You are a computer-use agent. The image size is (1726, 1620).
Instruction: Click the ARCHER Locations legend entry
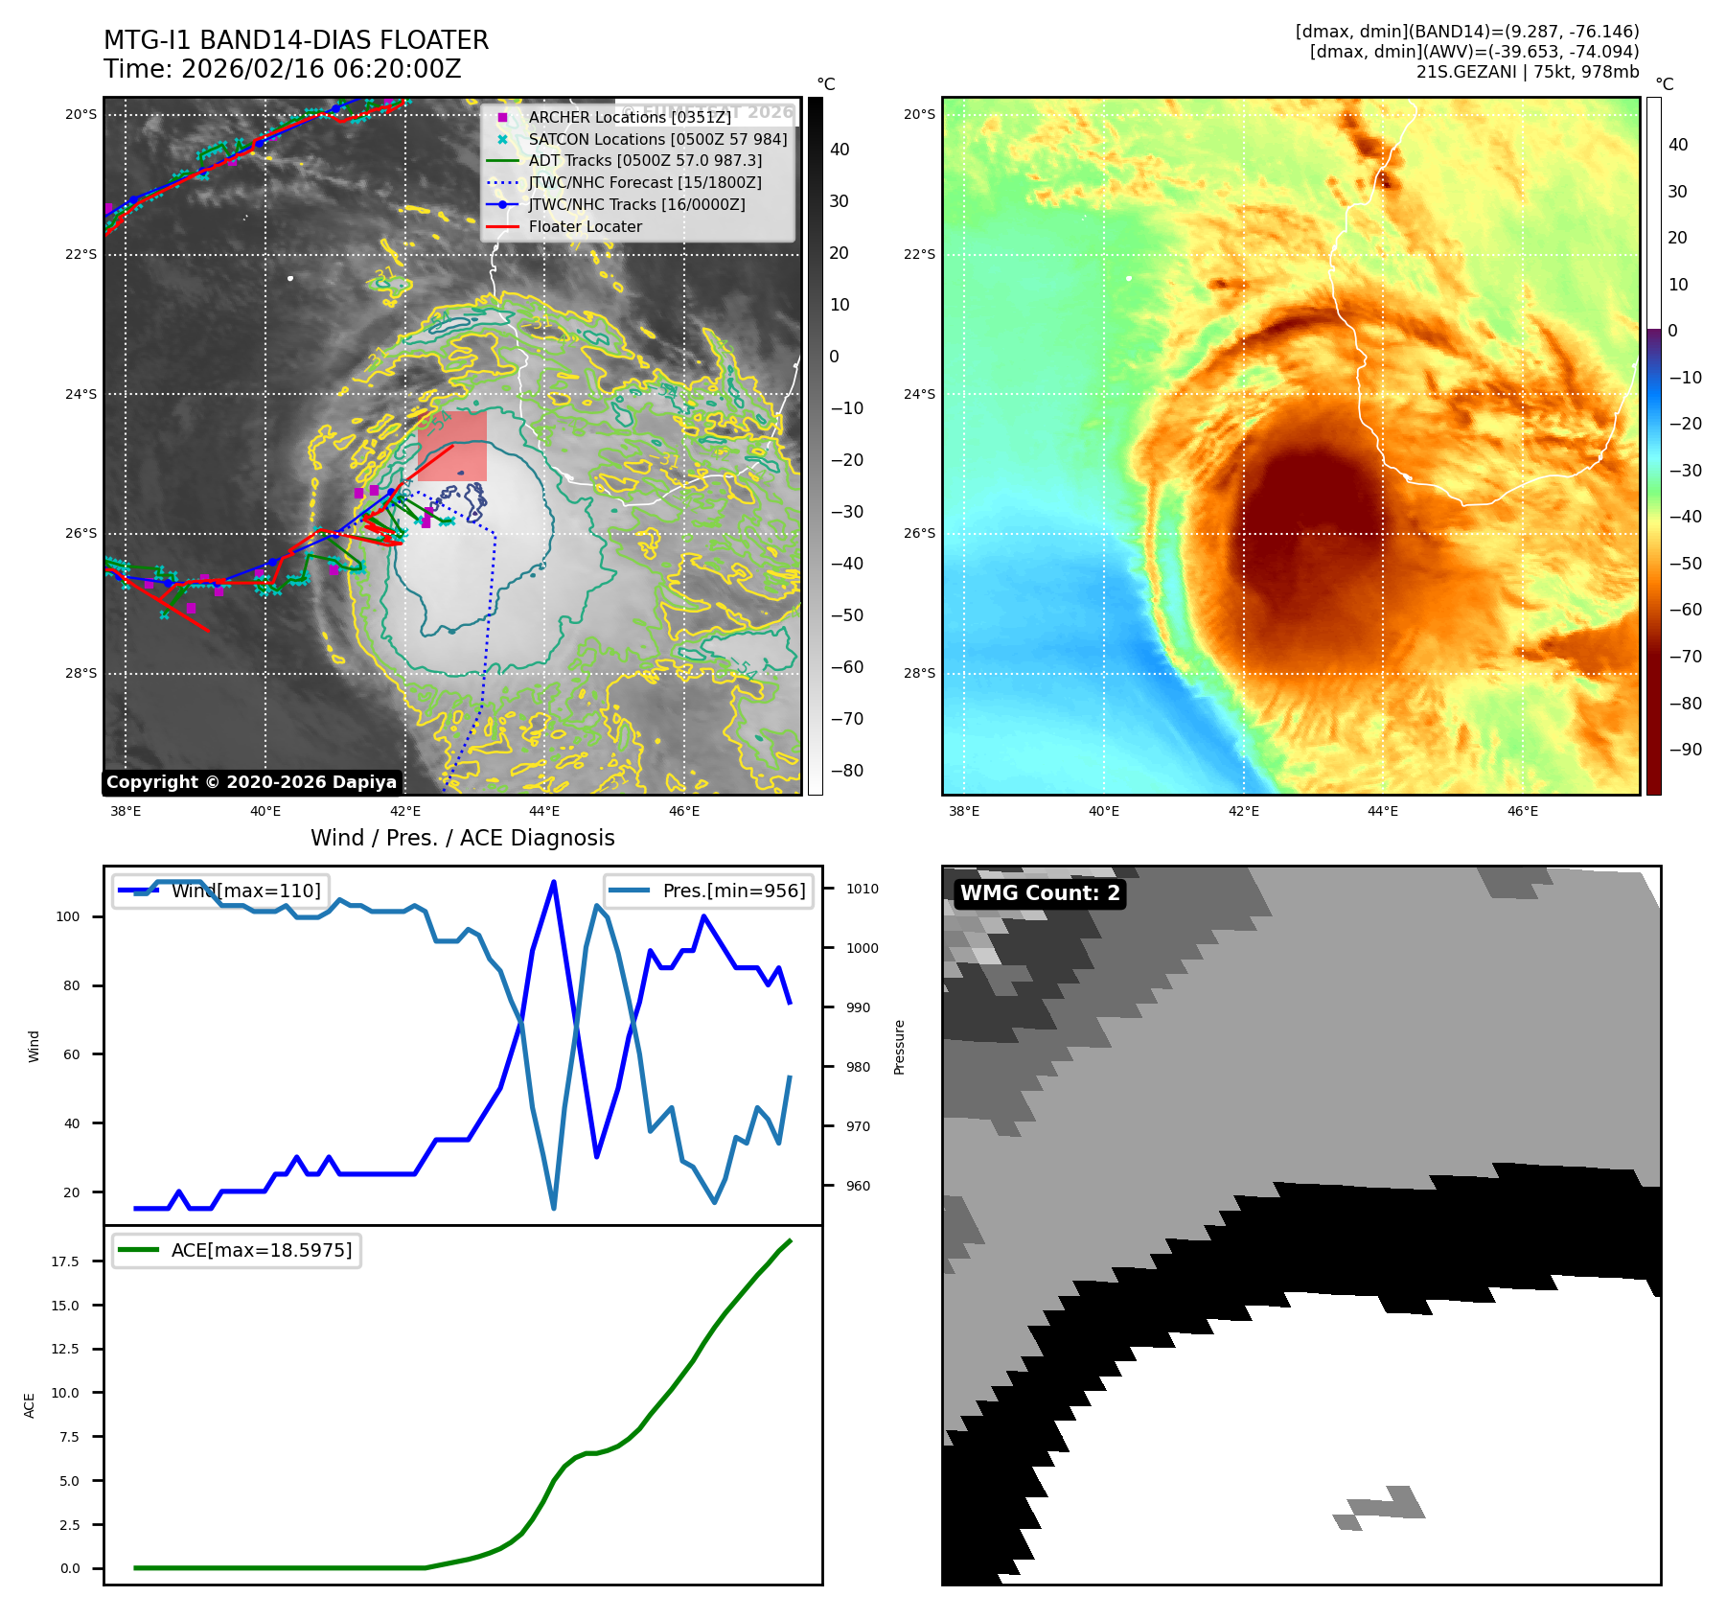[x=629, y=117]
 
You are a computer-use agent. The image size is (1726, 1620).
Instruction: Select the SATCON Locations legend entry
[x=657, y=139]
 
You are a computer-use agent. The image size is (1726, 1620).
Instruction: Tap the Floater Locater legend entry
[x=585, y=226]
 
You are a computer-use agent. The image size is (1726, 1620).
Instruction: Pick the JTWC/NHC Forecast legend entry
[x=645, y=182]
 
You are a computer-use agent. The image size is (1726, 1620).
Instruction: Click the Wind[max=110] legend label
[x=245, y=891]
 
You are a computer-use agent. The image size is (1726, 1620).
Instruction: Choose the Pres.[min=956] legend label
[x=733, y=891]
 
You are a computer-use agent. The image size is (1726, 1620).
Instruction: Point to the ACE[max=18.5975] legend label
[x=261, y=1250]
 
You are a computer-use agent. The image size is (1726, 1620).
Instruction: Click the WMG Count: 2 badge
[x=1040, y=893]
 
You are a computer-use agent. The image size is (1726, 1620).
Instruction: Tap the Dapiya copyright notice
[x=251, y=782]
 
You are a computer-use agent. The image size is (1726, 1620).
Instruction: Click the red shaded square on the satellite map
[x=452, y=446]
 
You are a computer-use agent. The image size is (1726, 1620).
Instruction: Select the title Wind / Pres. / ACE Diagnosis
[x=462, y=838]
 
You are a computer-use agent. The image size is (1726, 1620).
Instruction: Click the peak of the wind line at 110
[x=554, y=882]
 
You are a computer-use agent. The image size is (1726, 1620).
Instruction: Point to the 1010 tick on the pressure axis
[x=862, y=889]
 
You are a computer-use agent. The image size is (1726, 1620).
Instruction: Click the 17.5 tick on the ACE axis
[x=65, y=1261]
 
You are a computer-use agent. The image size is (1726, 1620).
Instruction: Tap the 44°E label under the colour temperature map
[x=1382, y=811]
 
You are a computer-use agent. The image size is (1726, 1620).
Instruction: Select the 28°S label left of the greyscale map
[x=81, y=673]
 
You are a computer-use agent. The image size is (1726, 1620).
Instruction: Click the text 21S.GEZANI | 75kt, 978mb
[x=1527, y=72]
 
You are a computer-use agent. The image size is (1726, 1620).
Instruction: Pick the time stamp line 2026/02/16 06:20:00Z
[x=283, y=69]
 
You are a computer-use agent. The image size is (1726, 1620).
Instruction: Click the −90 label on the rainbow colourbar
[x=1685, y=750]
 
